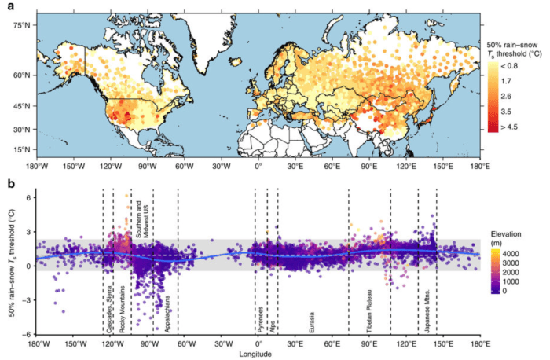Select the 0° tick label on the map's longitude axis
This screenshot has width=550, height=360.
[x=258, y=167]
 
